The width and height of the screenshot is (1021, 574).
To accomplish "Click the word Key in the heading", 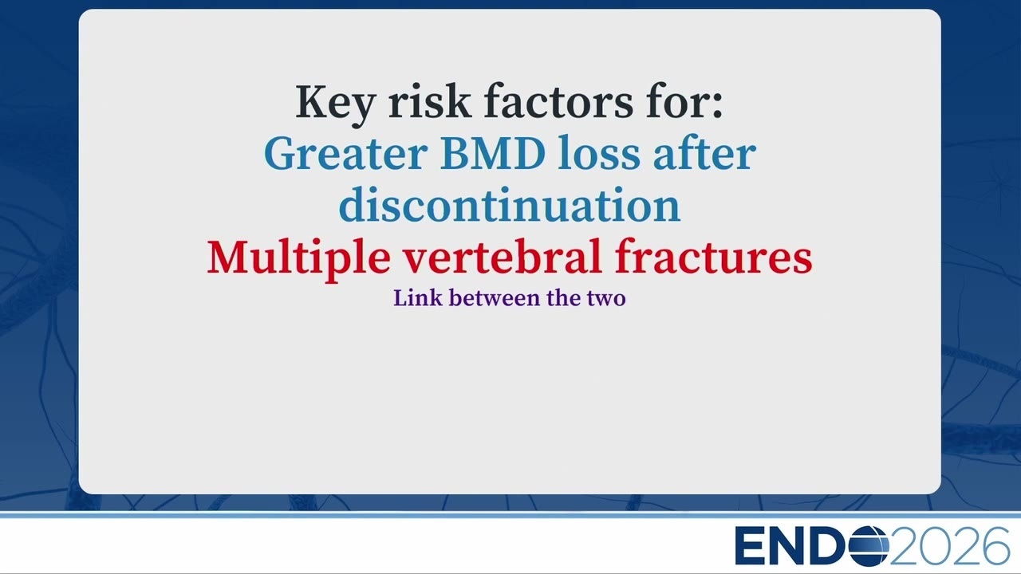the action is [336, 104].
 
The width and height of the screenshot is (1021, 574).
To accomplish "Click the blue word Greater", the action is [345, 154].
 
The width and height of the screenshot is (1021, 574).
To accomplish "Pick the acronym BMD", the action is [492, 154].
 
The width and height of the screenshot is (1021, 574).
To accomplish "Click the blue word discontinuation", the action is [510, 204].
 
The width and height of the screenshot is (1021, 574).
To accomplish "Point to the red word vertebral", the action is [503, 256].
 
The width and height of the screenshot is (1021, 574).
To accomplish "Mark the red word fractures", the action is [713, 256].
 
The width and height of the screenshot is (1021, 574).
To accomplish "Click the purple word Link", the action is [417, 298].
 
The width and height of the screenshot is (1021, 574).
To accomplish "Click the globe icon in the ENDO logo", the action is [869, 546].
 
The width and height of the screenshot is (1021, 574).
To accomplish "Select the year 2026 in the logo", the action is [949, 546].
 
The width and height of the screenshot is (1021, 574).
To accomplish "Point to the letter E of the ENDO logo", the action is [749, 546].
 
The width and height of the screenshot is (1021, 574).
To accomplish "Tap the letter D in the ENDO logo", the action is [830, 546].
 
